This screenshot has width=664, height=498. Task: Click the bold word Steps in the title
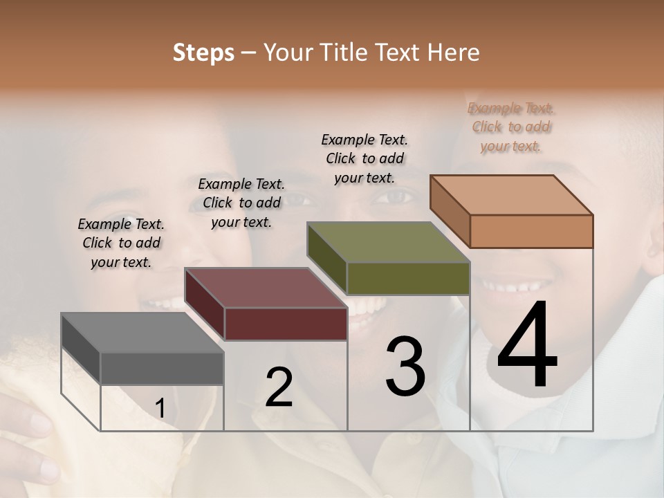[x=203, y=53]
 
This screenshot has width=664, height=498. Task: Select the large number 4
[x=527, y=346]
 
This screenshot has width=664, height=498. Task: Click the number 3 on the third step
[x=405, y=367]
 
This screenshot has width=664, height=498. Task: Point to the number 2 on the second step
[x=279, y=387]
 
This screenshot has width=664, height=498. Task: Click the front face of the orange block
[x=531, y=231]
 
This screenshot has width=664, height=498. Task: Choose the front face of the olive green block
[x=408, y=278]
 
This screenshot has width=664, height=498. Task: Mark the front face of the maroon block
[x=286, y=324]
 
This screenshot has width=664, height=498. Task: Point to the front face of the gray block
[x=162, y=369]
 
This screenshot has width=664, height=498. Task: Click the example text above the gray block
[x=121, y=243]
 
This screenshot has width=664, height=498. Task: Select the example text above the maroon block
[x=241, y=203]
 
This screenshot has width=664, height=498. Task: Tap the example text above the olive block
[x=365, y=158]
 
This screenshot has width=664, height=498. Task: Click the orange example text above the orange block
[x=511, y=127]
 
